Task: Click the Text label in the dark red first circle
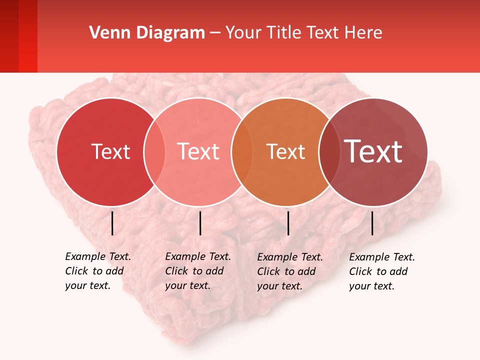pyautogui.click(x=110, y=151)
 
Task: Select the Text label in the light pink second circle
pyautogui.click(x=198, y=151)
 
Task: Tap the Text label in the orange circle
pyautogui.click(x=285, y=151)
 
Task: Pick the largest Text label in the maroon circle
pyautogui.click(x=373, y=151)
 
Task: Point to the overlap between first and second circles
pyautogui.click(x=154, y=151)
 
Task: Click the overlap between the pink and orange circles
pyautogui.click(x=241, y=151)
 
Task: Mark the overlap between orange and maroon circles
pyautogui.click(x=329, y=151)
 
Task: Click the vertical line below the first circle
pyautogui.click(x=112, y=223)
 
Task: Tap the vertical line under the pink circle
pyautogui.click(x=200, y=223)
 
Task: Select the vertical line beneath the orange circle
pyautogui.click(x=288, y=223)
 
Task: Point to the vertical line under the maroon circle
pyautogui.click(x=372, y=223)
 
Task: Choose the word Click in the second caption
pyautogui.click(x=176, y=271)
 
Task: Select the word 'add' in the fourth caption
pyautogui.click(x=398, y=271)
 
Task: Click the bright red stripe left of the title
pyautogui.click(x=28, y=36)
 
